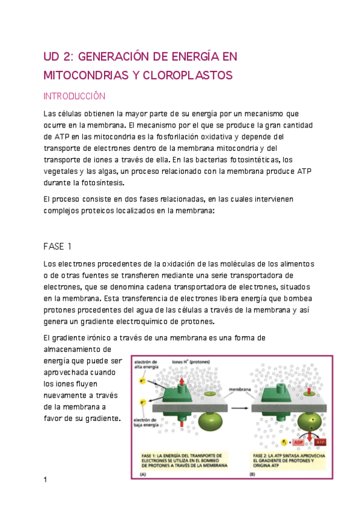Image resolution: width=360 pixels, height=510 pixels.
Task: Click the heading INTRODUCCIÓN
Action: coord(75,96)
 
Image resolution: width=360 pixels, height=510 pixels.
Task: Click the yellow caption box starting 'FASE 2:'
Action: coord(289,460)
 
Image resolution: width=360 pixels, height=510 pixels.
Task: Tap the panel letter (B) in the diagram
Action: coord(252,475)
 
